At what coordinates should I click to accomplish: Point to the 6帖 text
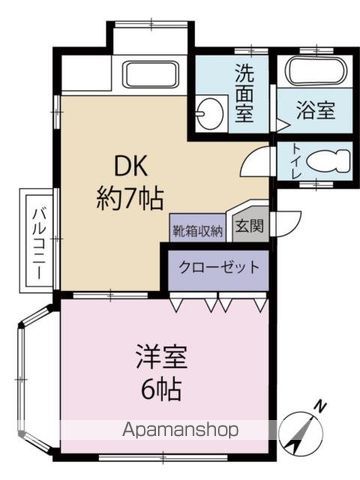coord(162,386)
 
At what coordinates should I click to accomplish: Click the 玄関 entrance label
coord(249,226)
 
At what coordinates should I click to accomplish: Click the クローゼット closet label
coord(219,267)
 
